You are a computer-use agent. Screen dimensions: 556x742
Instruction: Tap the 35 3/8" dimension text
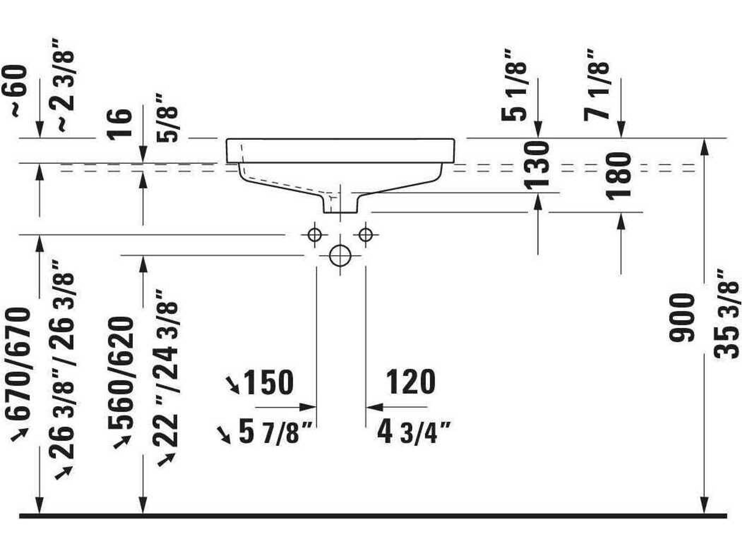pos(726,314)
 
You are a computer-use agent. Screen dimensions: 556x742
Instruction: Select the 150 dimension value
pos(268,382)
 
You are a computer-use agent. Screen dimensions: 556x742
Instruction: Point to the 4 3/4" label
pos(414,433)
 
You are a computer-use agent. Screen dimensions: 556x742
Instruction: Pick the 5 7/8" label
pos(275,433)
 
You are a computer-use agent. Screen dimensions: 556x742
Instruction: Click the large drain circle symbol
pos(340,256)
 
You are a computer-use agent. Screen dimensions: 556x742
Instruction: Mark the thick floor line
pos(372,516)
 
